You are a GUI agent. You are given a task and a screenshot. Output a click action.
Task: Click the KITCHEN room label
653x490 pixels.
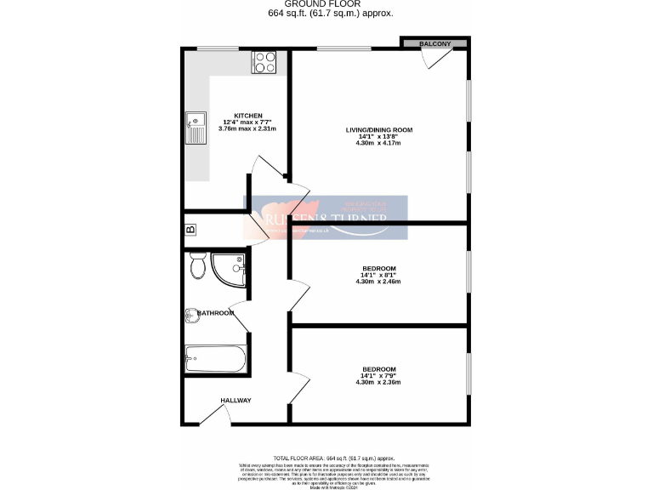click(248, 116)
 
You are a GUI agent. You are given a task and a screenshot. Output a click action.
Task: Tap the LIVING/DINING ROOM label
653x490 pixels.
click(378, 129)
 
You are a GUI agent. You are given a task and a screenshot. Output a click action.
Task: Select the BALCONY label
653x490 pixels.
click(434, 43)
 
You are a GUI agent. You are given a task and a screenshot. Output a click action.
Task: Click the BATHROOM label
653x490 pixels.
click(216, 313)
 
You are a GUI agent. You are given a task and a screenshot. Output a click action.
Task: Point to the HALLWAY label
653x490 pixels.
click(236, 400)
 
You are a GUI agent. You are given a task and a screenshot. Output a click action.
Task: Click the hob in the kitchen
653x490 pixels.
click(265, 62)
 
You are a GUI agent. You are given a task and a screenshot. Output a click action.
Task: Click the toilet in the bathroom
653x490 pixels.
click(197, 266)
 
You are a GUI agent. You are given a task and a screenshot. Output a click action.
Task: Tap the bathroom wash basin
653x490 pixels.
click(190, 315)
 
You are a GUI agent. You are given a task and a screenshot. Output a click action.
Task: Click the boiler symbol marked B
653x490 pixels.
click(190, 230)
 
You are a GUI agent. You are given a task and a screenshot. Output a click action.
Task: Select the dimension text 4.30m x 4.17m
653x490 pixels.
click(378, 143)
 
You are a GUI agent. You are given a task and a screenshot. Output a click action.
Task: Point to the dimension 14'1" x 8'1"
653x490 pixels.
click(378, 275)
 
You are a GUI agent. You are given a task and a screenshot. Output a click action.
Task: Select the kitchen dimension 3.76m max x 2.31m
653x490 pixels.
click(248, 128)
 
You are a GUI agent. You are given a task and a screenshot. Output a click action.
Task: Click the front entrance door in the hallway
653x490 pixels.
click(212, 417)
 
